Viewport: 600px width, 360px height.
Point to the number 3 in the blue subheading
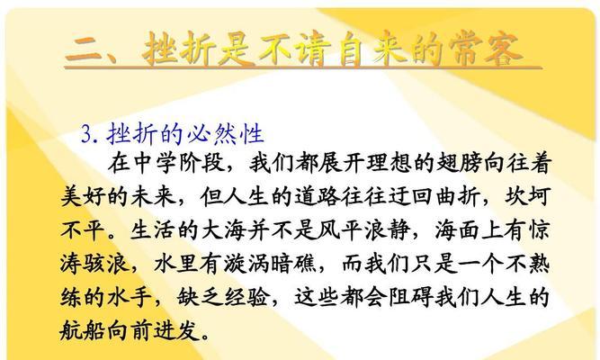point(86,134)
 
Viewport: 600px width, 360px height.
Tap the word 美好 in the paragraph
point(83,196)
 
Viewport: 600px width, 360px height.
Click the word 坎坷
point(528,196)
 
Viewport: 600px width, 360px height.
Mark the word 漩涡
point(246,264)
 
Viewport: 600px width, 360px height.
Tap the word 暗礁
point(293,264)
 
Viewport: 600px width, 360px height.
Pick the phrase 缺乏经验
point(223,298)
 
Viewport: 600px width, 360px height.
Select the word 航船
point(83,330)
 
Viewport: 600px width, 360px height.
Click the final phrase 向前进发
point(153,330)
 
